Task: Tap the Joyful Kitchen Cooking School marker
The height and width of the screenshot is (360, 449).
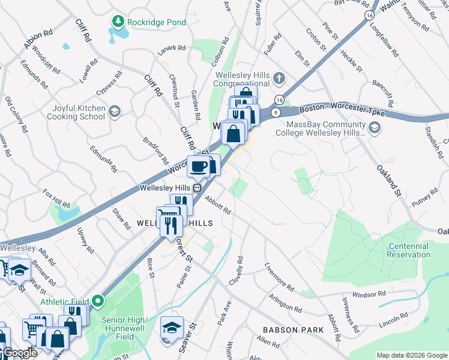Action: [x=114, y=112]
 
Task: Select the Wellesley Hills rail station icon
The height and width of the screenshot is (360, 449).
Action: [x=196, y=188]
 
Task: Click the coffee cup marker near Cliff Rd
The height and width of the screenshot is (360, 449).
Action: [x=198, y=166]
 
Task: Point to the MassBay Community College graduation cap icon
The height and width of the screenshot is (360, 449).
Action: [x=375, y=128]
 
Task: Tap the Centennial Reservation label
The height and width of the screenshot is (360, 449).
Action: [x=409, y=250]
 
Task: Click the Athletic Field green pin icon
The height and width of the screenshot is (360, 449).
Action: [x=98, y=301]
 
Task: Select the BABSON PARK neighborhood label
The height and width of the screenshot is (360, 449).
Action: [x=294, y=330]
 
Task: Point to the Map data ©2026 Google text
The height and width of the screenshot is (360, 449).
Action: [x=412, y=355]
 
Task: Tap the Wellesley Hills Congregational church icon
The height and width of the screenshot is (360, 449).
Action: [x=279, y=78]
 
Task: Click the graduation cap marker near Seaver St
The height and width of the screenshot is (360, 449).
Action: [x=171, y=328]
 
